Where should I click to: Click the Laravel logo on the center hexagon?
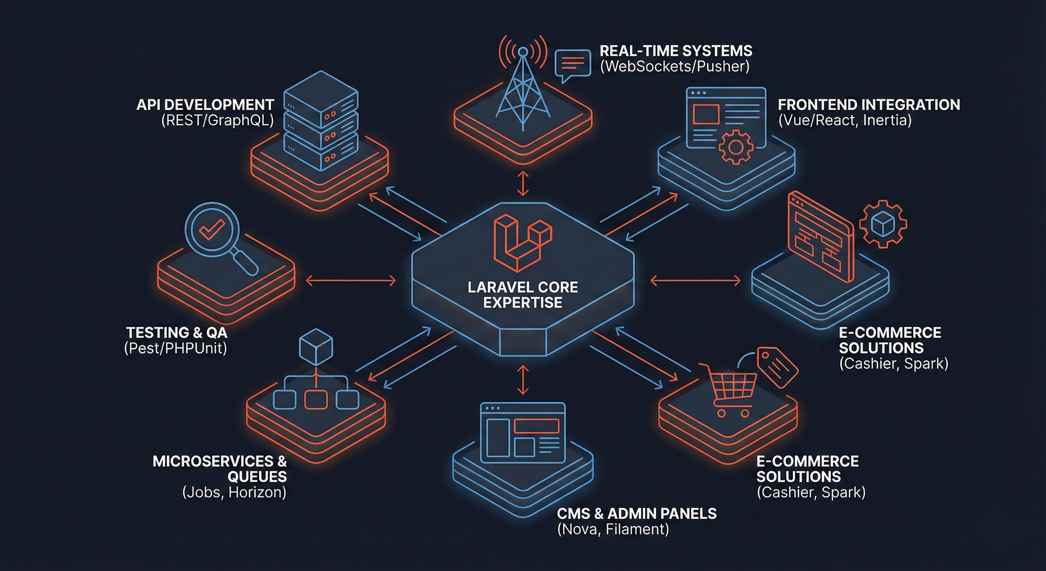523,243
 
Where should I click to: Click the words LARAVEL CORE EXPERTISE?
523,295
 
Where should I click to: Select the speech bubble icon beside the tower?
572,64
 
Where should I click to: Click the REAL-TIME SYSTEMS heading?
676,51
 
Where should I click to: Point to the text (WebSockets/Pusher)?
675,66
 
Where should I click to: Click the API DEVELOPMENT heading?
205,105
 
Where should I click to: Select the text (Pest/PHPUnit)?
175,348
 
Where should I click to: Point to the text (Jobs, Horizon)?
234,492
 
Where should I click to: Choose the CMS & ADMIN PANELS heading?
636,514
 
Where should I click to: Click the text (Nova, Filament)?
613,529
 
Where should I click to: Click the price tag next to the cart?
777,367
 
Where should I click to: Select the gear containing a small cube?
883,223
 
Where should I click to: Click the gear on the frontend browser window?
736,147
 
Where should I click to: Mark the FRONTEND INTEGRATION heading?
869,105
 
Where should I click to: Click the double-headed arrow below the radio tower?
523,184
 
